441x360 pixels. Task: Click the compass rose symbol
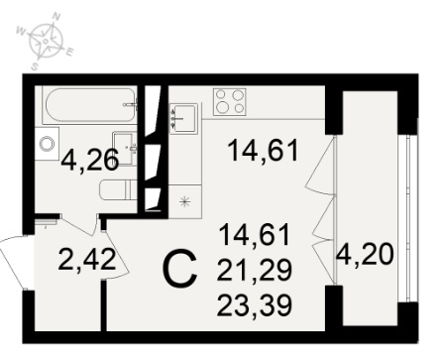[x=46, y=41]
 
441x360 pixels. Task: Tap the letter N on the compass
[x=56, y=16]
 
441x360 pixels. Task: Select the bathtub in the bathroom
[x=89, y=105]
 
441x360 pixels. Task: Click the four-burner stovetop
[x=230, y=102]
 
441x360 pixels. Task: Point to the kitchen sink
[x=183, y=118]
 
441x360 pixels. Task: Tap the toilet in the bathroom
[x=118, y=189]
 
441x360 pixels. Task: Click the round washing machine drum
[x=47, y=144]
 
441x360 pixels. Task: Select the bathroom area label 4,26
[x=90, y=160]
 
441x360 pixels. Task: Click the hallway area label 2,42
[x=87, y=260]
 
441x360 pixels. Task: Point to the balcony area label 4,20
[x=365, y=255]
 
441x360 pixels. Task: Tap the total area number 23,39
[x=255, y=305]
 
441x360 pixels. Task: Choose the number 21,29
[x=255, y=270]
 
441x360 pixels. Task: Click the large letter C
[x=180, y=269]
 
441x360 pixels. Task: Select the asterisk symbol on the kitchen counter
[x=185, y=201]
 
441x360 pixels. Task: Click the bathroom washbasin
[x=125, y=148]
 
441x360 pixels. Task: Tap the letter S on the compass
[x=35, y=66]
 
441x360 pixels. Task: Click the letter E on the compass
[x=70, y=52]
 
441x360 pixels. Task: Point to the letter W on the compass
[x=21, y=32]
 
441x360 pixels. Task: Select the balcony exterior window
[x=408, y=218]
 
